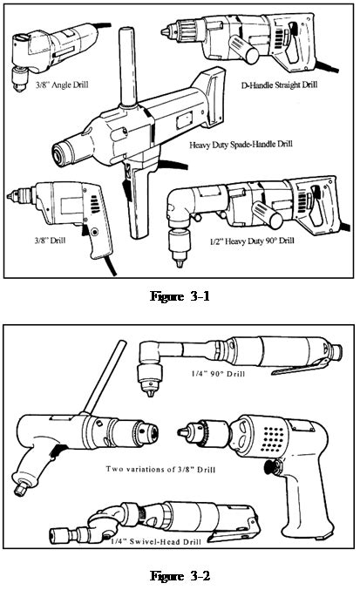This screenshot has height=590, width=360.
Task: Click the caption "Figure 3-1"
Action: (x=180, y=296)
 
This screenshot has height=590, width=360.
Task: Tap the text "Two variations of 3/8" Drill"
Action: (x=160, y=470)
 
